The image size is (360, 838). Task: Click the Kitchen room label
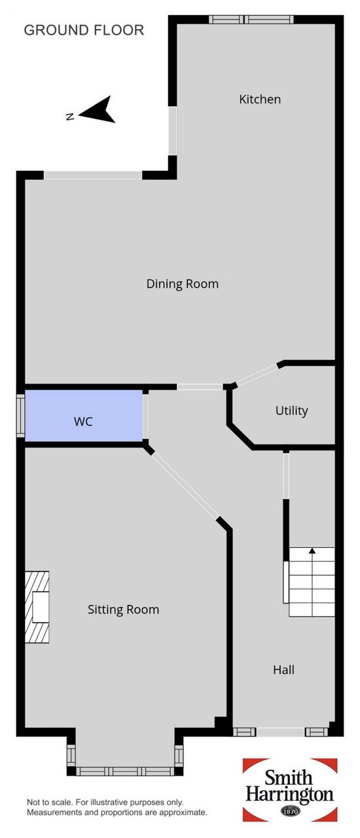tap(260, 100)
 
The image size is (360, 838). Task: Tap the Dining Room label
tap(182, 283)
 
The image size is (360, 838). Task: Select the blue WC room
tap(84, 416)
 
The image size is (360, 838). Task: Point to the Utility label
tap(291, 410)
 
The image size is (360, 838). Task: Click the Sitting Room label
tap(124, 610)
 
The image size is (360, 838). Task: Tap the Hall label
tap(283, 669)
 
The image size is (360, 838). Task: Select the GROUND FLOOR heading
tap(84, 30)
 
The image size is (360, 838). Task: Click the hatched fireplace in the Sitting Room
tap(37, 607)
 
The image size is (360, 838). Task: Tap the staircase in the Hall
tap(312, 582)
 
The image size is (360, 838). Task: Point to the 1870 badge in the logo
tap(291, 811)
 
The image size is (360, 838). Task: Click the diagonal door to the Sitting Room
tap(184, 486)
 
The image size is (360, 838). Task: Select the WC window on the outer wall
tap(20, 415)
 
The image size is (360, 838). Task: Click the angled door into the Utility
tap(257, 374)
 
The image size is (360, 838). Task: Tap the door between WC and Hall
tap(145, 416)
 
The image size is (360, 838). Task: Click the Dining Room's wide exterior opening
tap(93, 175)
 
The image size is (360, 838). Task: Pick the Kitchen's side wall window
tap(172, 131)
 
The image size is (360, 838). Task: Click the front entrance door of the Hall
tap(281, 732)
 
